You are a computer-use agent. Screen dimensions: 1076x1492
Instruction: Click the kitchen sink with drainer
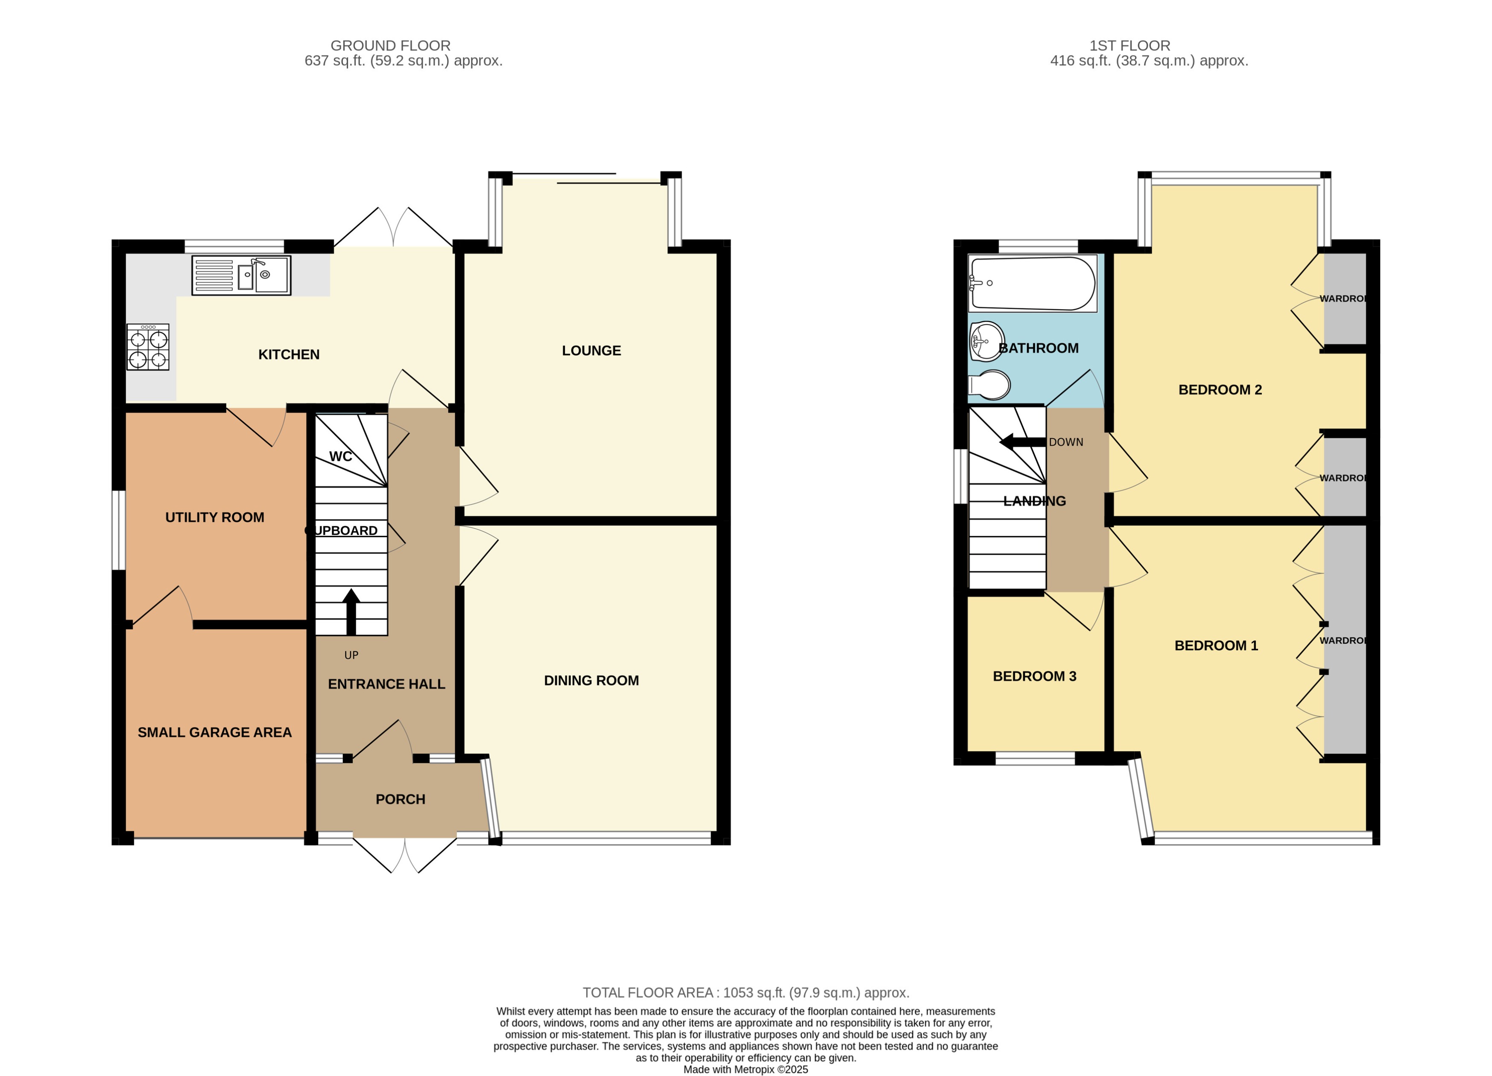(x=241, y=275)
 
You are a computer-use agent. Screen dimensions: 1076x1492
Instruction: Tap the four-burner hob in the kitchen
(x=148, y=347)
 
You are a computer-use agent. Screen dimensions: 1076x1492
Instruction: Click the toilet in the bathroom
(x=990, y=386)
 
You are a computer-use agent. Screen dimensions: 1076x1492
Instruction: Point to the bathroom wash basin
(x=986, y=341)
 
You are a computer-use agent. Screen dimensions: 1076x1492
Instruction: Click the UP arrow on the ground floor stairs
(x=351, y=612)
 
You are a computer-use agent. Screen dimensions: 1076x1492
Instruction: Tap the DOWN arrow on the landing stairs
(x=1021, y=442)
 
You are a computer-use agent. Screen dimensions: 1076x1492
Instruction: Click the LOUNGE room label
(x=591, y=351)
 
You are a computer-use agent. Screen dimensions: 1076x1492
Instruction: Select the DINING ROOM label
(x=591, y=681)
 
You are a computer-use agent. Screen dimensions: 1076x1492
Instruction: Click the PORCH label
(x=400, y=799)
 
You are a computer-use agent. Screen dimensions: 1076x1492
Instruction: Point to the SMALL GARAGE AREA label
(x=214, y=732)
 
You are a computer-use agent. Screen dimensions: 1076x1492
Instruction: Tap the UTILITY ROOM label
(x=214, y=517)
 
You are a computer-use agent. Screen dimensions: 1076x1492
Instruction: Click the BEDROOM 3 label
(x=1034, y=676)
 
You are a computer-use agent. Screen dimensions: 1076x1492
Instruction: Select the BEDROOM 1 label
(x=1216, y=645)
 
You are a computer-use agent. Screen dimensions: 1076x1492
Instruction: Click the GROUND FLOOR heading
(x=390, y=45)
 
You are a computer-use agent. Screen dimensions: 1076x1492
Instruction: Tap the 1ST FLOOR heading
(x=1129, y=45)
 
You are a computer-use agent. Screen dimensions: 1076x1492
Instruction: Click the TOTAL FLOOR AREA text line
(x=745, y=992)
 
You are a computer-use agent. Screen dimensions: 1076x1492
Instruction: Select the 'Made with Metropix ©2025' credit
(x=745, y=1070)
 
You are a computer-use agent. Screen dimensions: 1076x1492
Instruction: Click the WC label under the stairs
(x=340, y=456)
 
